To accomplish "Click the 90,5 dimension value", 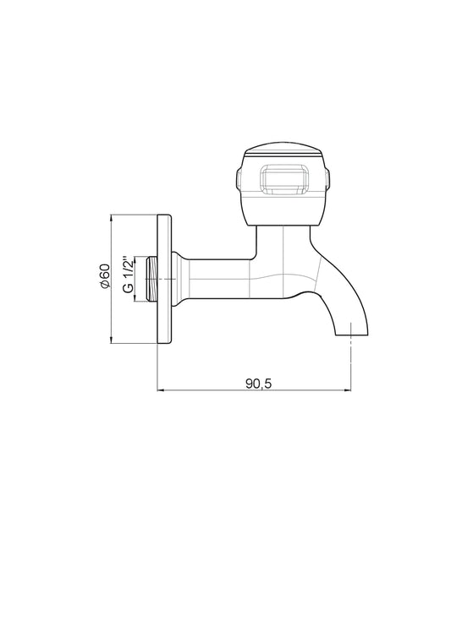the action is click(x=258, y=383).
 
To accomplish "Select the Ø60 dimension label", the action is click(x=105, y=276).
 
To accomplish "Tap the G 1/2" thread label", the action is click(x=128, y=275).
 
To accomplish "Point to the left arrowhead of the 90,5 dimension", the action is click(x=160, y=390).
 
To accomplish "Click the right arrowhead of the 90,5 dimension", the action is click(x=348, y=390).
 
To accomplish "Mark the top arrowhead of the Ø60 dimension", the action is click(x=112, y=218).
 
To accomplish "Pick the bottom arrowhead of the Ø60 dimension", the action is click(x=112, y=340).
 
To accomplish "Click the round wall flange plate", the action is click(x=164, y=279).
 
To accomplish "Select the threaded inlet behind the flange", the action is click(x=151, y=279).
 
